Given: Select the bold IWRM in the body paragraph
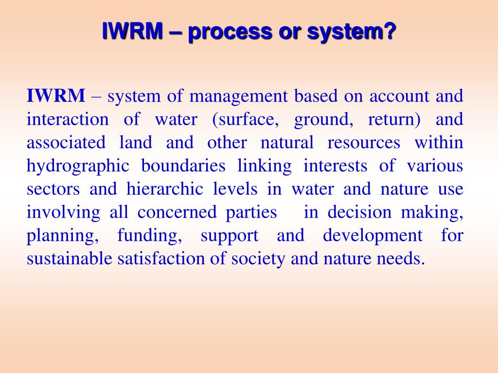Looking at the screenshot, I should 56,96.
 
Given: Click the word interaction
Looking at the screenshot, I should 68,119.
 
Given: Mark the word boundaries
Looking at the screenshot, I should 183,166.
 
